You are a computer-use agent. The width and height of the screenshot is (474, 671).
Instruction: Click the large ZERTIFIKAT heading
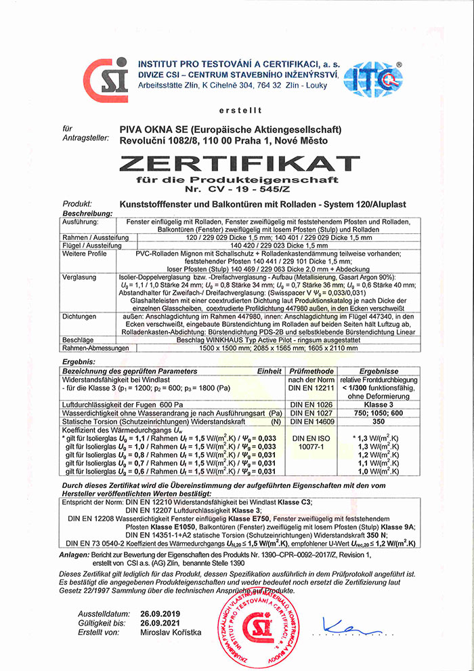236,163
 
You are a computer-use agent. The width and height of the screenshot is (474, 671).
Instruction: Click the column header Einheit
269,371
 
